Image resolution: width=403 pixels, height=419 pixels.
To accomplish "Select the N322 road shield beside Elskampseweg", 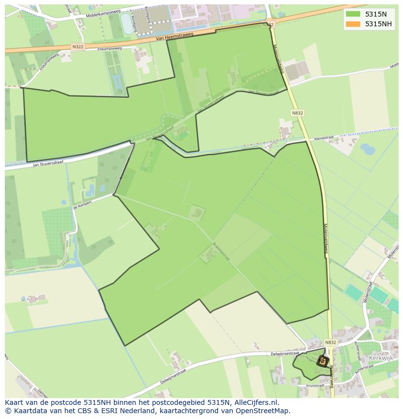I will tap(77, 46).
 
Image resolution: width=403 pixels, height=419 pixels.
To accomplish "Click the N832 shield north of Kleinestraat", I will tap(297, 113).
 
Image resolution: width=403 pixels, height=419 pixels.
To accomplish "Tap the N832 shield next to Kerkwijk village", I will tap(330, 343).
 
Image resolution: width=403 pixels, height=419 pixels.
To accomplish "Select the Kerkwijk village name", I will tap(381, 358).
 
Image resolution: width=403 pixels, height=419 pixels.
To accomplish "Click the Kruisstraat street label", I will tap(315, 385).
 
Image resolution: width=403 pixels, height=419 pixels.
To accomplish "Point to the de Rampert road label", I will tap(82, 206).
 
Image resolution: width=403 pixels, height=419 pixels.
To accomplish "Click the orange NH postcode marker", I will tap(322, 361).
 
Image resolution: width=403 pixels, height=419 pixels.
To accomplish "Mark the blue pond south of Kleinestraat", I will tap(367, 149).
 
